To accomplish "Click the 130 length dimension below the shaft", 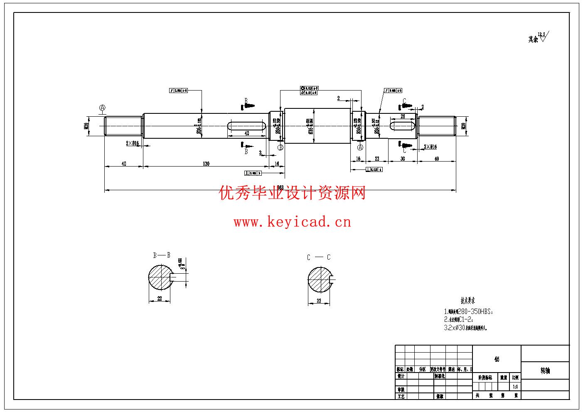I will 206,164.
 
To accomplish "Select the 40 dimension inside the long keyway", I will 246,133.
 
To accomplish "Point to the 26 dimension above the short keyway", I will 402,117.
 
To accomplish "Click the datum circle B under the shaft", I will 280,147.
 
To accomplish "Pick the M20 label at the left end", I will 86,126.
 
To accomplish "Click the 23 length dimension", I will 377,159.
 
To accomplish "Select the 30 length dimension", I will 402,159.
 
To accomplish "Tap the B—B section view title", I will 161,255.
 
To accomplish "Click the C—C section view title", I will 319,257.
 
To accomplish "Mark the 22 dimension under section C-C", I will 319,301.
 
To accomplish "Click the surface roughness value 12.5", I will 541,34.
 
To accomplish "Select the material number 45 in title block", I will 497,359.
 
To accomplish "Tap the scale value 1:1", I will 515,387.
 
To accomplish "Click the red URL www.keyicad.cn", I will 292,222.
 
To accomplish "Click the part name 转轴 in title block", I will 545,371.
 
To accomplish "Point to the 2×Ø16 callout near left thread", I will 132,143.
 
